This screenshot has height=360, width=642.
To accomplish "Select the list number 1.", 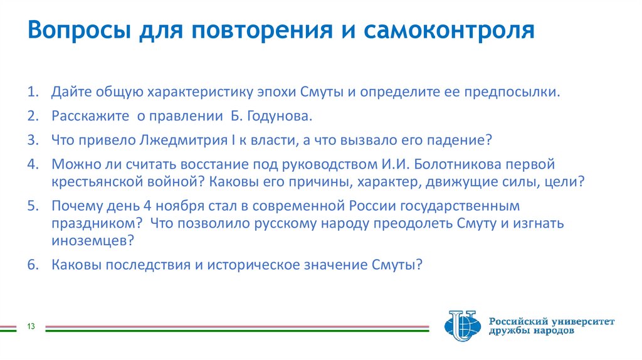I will click(33, 93).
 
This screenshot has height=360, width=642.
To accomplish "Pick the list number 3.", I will click(33, 140).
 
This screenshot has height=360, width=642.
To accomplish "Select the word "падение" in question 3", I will click(459, 140).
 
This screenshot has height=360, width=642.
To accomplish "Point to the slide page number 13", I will click(30, 326).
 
